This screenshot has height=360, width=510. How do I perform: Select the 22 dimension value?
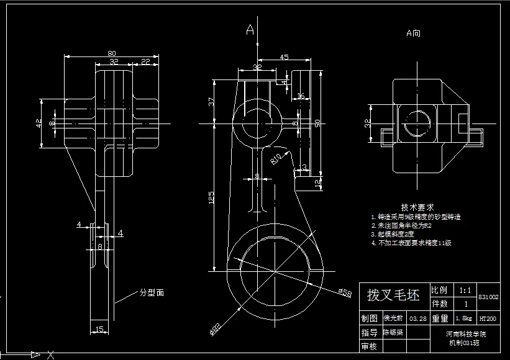pyautogui.click(x=145, y=61)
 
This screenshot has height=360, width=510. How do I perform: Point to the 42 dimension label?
pyautogui.click(x=38, y=124)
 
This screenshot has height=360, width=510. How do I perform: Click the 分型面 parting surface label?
pyautogui.click(x=152, y=292)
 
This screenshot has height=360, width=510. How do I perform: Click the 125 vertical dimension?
pyautogui.click(x=211, y=197)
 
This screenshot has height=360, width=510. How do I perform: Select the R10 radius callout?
pyautogui.click(x=276, y=160)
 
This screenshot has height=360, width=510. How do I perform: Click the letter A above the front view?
pyautogui.click(x=250, y=29)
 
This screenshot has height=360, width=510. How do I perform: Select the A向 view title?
pyautogui.click(x=413, y=33)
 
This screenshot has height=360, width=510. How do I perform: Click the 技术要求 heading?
pyautogui.click(x=417, y=207)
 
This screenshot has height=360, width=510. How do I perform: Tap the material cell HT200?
pyautogui.click(x=487, y=318)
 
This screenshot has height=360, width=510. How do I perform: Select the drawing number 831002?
pyautogui.click(x=488, y=297)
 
